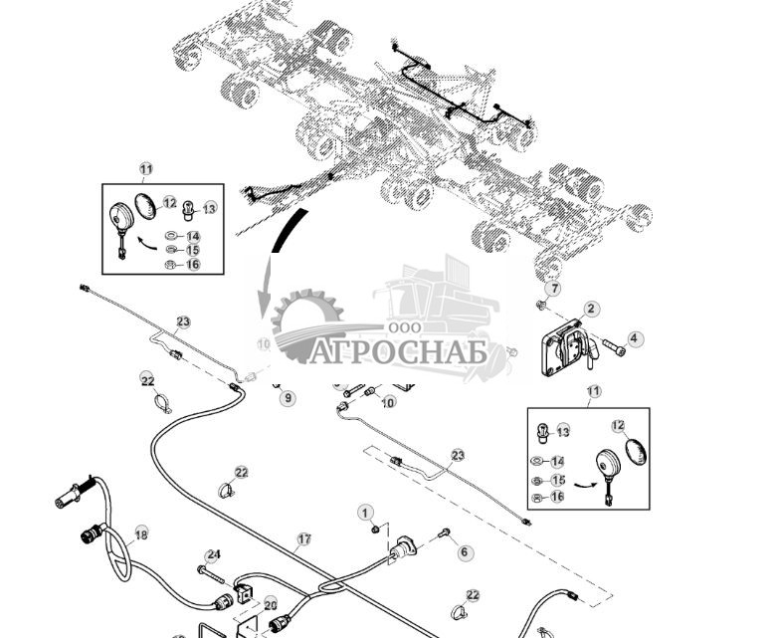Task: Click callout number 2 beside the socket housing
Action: click(590, 310)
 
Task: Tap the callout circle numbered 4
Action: click(635, 339)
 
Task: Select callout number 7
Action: click(554, 289)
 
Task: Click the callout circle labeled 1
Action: click(365, 512)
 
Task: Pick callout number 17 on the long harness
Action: click(303, 538)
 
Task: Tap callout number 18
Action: click(140, 533)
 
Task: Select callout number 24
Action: click(213, 555)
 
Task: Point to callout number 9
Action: click(288, 398)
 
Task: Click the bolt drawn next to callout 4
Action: click(611, 348)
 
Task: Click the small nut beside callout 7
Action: click(541, 304)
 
